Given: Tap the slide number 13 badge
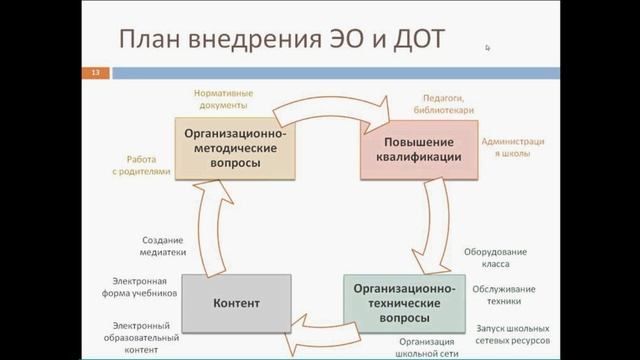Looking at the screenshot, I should [96, 73].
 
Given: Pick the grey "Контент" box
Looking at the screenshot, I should [237, 302].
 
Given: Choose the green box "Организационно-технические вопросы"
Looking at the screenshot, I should [404, 303].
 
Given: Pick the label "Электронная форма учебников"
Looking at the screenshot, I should [145, 288].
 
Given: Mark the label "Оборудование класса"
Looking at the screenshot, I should [498, 258].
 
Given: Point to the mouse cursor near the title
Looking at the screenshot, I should [488, 47].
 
